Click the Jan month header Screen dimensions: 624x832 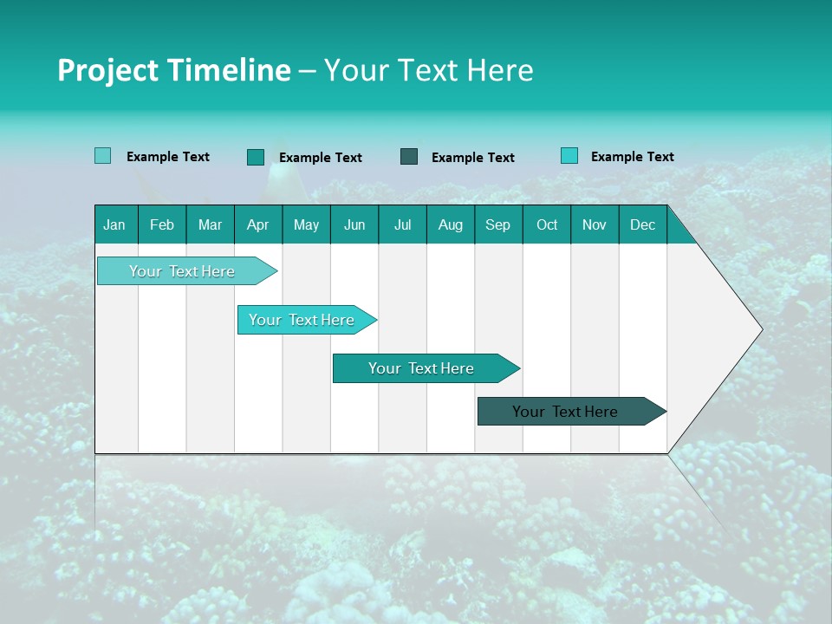(114, 224)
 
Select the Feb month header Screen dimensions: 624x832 (162, 224)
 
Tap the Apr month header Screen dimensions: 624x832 (257, 224)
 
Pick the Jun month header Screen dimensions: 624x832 (354, 224)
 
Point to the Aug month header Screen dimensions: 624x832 (450, 224)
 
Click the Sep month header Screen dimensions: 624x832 (497, 224)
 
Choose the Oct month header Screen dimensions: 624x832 (547, 224)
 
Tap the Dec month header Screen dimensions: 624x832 (642, 224)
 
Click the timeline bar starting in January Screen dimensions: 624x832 (183, 271)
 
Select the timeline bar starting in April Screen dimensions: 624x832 (302, 320)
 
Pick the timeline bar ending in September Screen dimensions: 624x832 (421, 368)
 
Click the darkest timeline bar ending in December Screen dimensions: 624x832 (566, 412)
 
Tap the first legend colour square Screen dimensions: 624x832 (102, 156)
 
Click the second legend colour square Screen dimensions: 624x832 (255, 157)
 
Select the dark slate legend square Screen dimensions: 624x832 (409, 157)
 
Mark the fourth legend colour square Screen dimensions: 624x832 (569, 156)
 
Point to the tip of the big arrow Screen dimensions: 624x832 (760, 329)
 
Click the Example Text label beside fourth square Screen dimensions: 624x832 (632, 156)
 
